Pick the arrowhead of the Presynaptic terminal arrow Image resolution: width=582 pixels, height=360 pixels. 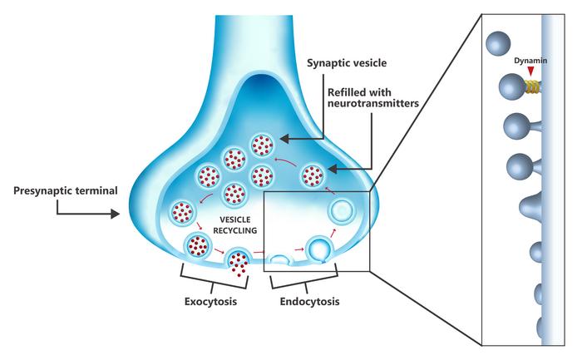click(117, 214)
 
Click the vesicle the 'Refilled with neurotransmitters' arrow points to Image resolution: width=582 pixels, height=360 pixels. click(313, 175)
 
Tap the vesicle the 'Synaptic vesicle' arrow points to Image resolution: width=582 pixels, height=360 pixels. click(263, 144)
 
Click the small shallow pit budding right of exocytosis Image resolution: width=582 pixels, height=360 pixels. click(280, 259)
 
